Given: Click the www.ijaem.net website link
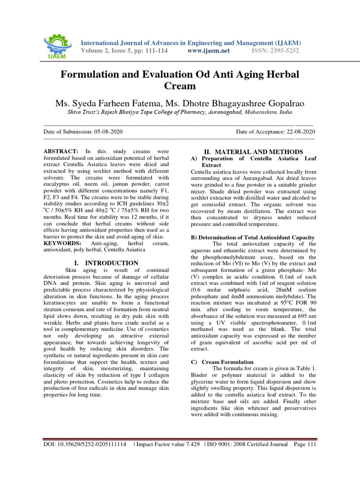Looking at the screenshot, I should click(208, 51).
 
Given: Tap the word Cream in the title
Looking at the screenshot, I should click(180, 86).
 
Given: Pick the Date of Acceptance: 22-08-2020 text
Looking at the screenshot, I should click(275, 132).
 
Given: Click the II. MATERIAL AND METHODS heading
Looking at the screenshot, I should click(254, 152).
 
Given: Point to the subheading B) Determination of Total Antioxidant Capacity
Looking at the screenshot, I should click(252, 238).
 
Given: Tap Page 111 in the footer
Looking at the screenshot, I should click(305, 444).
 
